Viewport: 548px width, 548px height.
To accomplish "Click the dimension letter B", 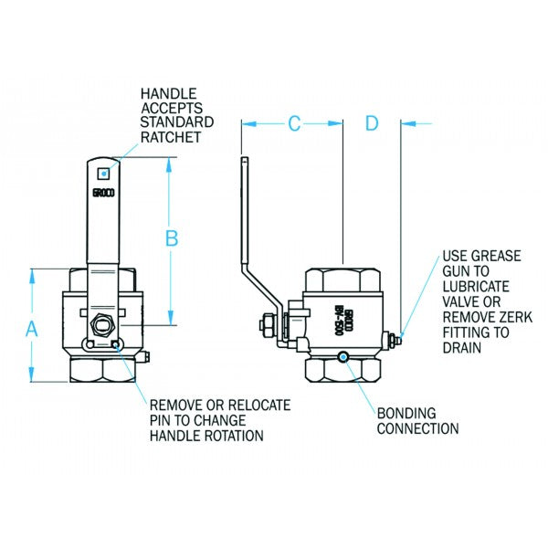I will [171, 238].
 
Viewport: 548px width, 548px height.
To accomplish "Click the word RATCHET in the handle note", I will [170, 138].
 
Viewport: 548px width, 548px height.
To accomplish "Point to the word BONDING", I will [406, 413].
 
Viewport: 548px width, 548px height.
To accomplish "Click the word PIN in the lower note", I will [162, 419].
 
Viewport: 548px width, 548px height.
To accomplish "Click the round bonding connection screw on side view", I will [342, 357].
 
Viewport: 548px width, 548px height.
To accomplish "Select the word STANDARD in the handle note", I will [177, 122].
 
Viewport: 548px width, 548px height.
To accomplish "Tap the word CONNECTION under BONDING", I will [417, 427].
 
